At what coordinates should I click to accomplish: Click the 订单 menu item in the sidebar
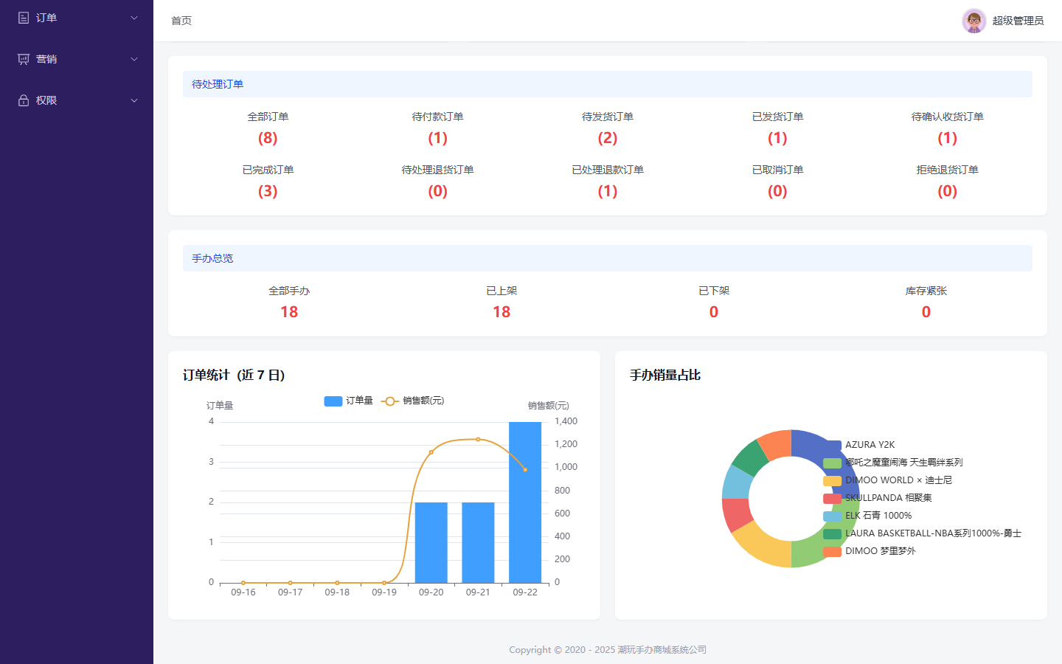tap(46, 18)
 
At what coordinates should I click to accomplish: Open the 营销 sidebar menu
tap(46, 59)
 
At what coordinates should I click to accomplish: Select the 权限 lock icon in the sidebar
tap(24, 100)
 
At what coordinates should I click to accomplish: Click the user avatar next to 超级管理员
tap(974, 21)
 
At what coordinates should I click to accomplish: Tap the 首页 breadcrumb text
tap(181, 21)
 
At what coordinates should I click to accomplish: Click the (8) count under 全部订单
tap(268, 138)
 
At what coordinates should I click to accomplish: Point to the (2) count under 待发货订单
tap(608, 138)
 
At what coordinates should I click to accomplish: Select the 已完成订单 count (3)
tap(268, 191)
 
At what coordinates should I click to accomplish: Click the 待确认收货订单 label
tap(947, 117)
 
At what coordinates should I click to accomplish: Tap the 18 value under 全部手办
tap(289, 311)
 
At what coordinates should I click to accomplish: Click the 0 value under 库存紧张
tap(926, 311)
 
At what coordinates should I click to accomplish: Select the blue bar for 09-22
tap(525, 502)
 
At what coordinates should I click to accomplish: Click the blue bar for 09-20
tap(431, 542)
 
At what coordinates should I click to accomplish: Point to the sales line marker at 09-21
tap(478, 440)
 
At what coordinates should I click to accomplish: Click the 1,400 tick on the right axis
tap(566, 421)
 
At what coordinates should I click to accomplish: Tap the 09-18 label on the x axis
tap(337, 592)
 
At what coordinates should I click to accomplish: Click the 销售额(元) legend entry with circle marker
tap(412, 401)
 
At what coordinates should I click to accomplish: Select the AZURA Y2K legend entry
tap(859, 445)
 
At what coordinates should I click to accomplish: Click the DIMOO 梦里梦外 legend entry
tap(870, 551)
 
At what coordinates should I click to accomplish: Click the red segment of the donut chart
tap(736, 515)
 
